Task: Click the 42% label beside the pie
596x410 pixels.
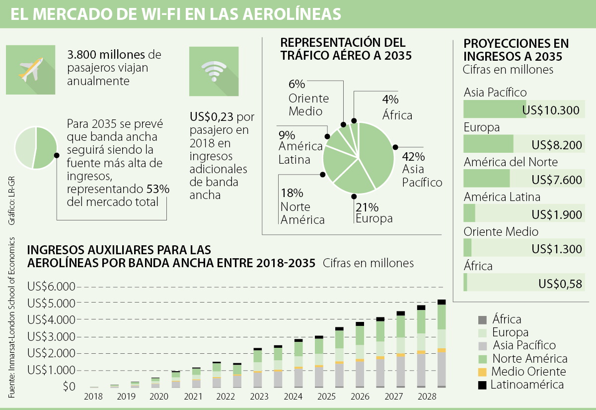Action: (x=413, y=157)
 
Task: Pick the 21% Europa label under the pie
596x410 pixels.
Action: (x=367, y=206)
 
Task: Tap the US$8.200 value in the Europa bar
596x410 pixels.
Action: (x=556, y=145)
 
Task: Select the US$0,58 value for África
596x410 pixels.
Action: (x=560, y=284)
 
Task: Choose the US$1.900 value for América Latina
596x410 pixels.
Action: (x=556, y=214)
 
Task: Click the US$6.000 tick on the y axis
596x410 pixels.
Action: (x=51, y=287)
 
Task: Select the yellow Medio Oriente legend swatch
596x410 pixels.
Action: (x=481, y=372)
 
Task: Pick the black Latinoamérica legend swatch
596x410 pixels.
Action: (x=481, y=385)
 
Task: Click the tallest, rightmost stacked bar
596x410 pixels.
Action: (x=441, y=343)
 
